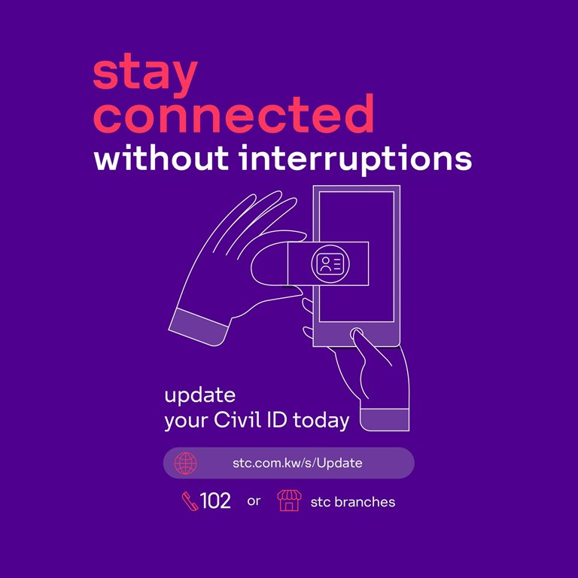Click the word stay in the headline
click(x=145, y=75)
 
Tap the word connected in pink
click(x=233, y=113)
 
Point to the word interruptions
click(x=355, y=160)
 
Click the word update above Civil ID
click(x=199, y=395)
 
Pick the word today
click(x=321, y=421)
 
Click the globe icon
click(x=185, y=463)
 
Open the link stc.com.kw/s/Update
click(x=297, y=463)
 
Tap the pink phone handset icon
click(x=190, y=501)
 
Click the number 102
click(x=215, y=500)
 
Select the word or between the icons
click(x=254, y=501)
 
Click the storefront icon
click(x=289, y=500)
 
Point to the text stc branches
click(x=353, y=502)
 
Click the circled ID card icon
click(x=330, y=263)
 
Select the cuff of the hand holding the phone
click(x=385, y=419)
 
